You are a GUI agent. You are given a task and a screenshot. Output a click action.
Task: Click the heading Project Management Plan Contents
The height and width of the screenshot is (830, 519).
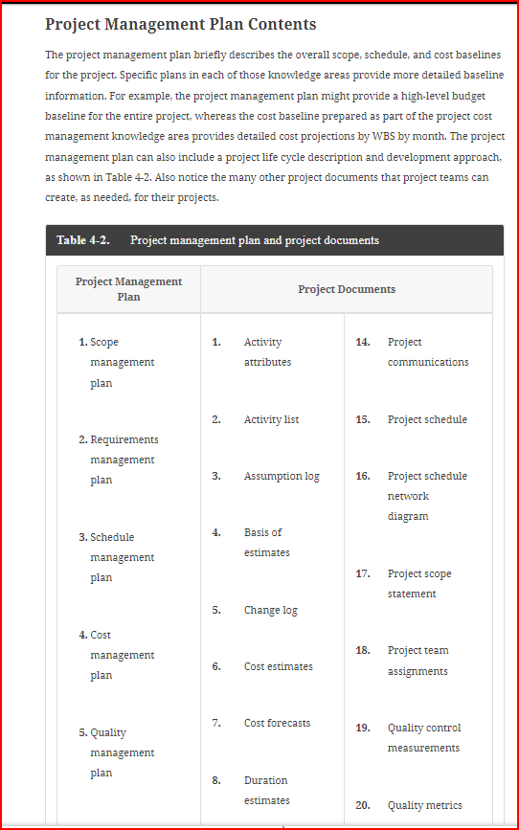click(180, 25)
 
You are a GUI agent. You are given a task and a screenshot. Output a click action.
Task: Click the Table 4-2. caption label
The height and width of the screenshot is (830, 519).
click(82, 240)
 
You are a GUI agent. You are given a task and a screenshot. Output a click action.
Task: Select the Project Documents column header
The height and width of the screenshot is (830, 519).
click(347, 289)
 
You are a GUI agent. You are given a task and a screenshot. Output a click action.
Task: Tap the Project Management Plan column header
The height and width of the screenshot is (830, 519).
click(128, 289)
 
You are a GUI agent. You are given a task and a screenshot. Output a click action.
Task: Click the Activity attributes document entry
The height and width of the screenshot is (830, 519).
click(267, 352)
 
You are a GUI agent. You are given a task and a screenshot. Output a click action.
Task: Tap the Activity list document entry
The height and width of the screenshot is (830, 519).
click(271, 419)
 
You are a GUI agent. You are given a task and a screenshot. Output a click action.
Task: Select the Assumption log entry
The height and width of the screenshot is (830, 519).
click(282, 476)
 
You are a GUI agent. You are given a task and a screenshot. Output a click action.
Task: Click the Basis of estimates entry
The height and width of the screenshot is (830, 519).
click(266, 543)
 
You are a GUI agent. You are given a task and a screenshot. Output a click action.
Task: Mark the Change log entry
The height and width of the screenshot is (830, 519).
click(270, 610)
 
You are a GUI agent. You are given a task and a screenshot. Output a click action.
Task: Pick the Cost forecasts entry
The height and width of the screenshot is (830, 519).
click(277, 723)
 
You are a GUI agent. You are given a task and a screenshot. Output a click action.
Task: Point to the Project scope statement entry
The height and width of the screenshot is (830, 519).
click(419, 584)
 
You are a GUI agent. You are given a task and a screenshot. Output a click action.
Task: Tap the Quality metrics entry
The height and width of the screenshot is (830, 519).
click(424, 805)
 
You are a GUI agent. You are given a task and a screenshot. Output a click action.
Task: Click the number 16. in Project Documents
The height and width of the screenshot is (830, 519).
click(363, 476)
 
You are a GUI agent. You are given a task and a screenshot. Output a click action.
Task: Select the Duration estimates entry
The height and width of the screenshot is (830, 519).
click(266, 791)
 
